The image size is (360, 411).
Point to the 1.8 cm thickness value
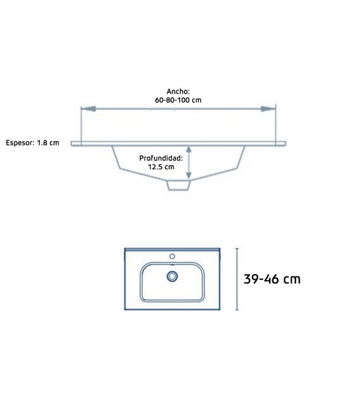pyautogui.click(x=48, y=143)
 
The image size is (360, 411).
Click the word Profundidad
pyautogui.click(x=161, y=158)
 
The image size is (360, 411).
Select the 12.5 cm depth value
pyautogui.click(x=160, y=167)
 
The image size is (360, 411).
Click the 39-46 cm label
pyautogui.click(x=272, y=279)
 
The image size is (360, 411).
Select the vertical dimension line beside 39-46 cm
pyautogui.click(x=237, y=279)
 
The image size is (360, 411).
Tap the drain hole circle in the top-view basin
pyautogui.click(x=172, y=276)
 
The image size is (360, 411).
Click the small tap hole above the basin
pyautogui.click(x=172, y=257)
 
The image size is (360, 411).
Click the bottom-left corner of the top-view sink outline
pyautogui.click(x=125, y=310)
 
